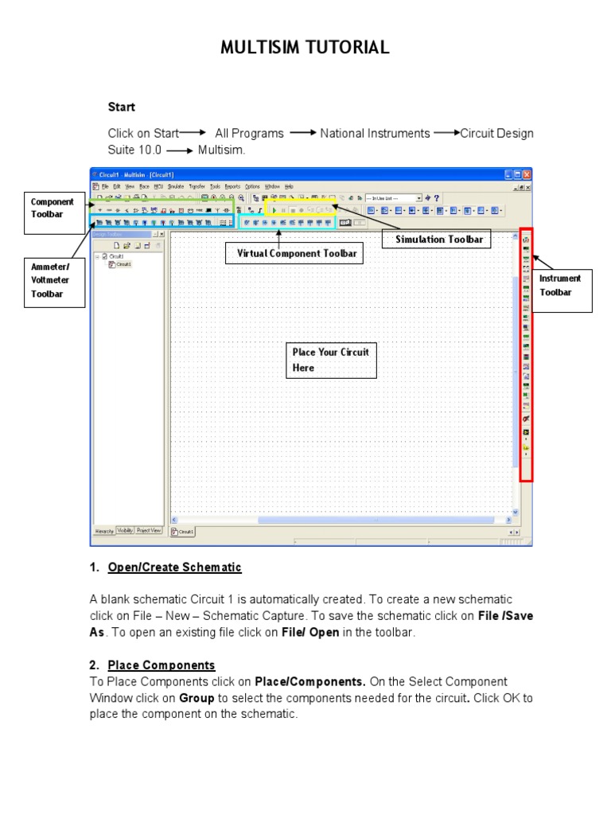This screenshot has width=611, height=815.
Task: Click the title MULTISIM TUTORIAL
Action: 305,49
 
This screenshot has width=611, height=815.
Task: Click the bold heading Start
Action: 122,107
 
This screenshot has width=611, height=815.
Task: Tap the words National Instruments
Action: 375,134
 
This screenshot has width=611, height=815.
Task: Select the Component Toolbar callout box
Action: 53,209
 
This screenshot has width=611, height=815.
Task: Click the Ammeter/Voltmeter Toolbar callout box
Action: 53,282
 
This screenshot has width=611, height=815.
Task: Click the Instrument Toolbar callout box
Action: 565,285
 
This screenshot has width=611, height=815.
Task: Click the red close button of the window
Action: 526,174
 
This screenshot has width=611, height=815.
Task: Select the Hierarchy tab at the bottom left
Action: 104,530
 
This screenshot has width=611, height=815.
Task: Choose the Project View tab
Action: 149,530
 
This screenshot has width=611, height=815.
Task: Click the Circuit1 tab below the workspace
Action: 183,532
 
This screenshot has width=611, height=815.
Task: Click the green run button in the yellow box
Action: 274,209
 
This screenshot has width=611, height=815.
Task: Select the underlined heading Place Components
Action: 162,665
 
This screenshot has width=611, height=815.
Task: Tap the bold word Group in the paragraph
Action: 196,697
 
